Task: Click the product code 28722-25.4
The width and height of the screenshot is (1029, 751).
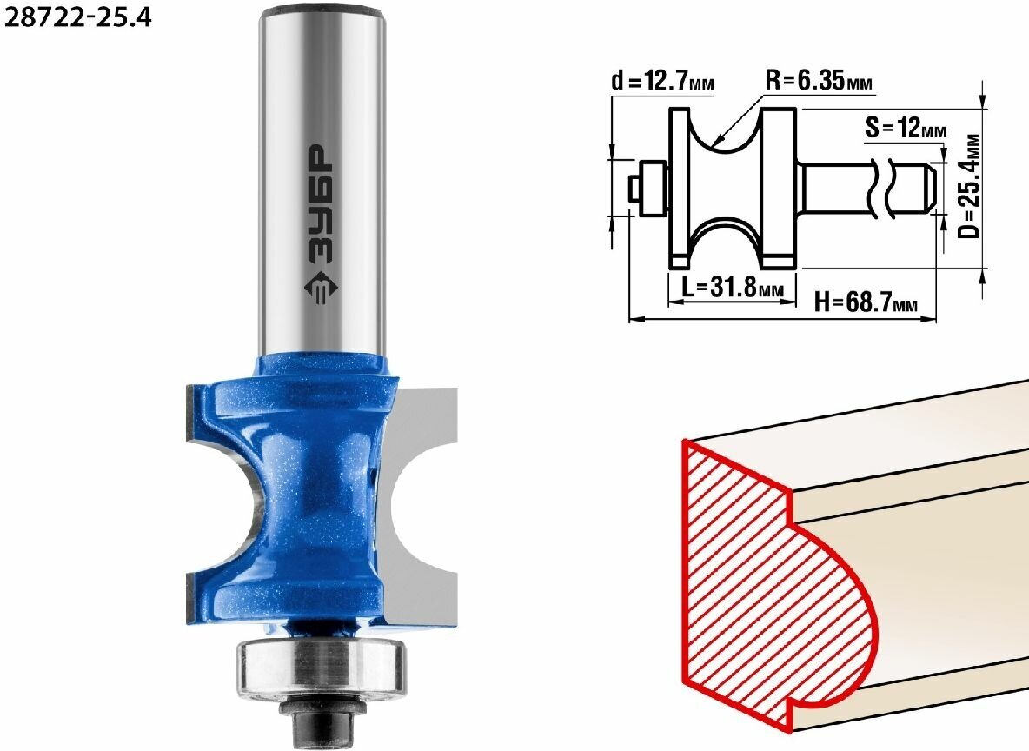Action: (77, 17)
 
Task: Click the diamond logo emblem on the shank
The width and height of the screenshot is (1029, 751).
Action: (321, 289)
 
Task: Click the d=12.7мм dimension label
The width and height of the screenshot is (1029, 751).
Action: (663, 81)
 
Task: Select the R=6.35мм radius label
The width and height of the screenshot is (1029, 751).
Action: (820, 81)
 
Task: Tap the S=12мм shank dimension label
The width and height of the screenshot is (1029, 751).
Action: (906, 128)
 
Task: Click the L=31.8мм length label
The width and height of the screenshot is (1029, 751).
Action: (733, 287)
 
